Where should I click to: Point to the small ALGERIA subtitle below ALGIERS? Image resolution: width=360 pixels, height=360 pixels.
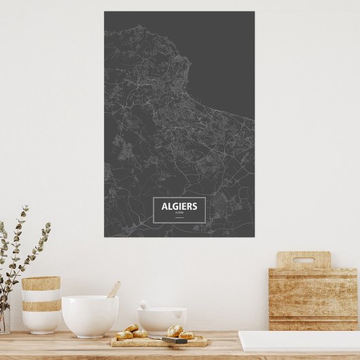179,213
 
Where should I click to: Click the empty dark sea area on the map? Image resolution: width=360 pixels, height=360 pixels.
224,61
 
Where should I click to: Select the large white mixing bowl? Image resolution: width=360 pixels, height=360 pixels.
90,315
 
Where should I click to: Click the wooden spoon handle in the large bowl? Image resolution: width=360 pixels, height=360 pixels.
113,289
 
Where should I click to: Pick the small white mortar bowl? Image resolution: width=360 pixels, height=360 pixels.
162,319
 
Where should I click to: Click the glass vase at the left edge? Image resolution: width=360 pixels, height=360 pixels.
4,319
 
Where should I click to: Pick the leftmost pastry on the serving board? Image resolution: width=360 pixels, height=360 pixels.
124,335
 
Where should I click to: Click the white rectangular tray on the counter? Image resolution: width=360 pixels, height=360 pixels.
299,340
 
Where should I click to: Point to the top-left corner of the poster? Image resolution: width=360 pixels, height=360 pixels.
105,12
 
